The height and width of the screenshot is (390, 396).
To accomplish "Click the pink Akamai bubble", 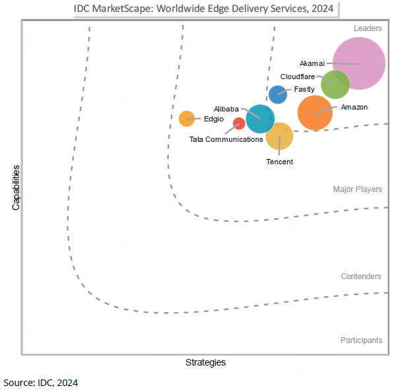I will [x=360, y=63].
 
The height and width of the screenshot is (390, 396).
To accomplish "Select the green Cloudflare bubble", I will [x=335, y=84].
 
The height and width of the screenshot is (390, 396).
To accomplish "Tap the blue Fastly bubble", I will [x=278, y=94].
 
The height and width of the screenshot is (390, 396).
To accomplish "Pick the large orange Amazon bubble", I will [x=315, y=113].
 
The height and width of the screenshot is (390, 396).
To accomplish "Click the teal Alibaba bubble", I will [x=260, y=119].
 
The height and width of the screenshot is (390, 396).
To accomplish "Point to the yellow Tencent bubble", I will [x=279, y=137].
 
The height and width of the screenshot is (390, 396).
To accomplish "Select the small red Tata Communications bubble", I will [x=239, y=123].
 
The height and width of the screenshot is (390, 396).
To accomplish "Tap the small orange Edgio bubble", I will [x=187, y=119].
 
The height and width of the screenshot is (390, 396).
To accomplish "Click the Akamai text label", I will [x=312, y=63].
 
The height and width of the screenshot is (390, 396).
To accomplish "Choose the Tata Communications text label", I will [x=226, y=139].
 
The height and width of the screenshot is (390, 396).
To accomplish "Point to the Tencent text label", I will [x=279, y=162].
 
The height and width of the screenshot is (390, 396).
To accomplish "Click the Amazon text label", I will [x=354, y=107].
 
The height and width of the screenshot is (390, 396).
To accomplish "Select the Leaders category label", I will [x=368, y=28].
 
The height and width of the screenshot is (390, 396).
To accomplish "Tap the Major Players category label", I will [x=357, y=189].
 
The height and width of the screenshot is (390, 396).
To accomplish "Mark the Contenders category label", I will [x=361, y=276].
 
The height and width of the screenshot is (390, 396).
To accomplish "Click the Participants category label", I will [x=361, y=341].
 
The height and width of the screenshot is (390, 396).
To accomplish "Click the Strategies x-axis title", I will [x=205, y=362].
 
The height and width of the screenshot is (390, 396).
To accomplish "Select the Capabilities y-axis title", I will [x=16, y=187].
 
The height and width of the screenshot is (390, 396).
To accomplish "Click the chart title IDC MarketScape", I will [x=203, y=9].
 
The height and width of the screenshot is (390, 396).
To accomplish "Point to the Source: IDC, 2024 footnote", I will [x=41, y=382].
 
